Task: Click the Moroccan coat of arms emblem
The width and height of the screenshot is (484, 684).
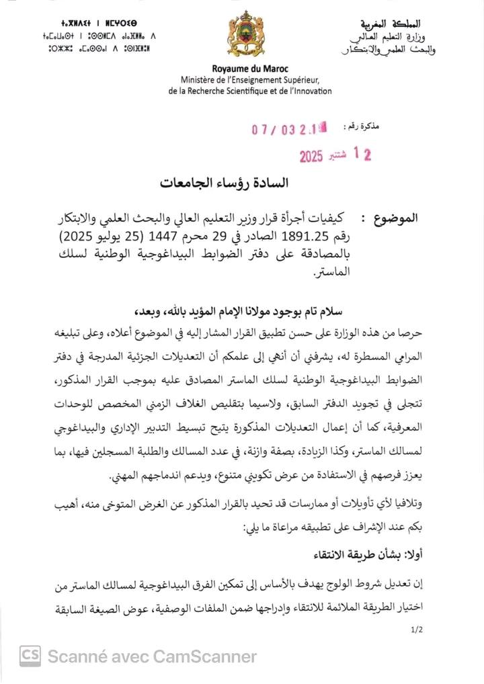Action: pyautogui.click(x=241, y=36)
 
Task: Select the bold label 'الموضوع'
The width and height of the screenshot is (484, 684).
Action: pyautogui.click(x=399, y=218)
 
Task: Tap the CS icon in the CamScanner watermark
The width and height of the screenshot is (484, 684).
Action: pyautogui.click(x=29, y=654)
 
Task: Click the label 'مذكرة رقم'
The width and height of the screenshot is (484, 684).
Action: pyautogui.click(x=361, y=126)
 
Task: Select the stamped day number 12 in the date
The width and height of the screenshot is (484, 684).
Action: pyautogui.click(x=362, y=155)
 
